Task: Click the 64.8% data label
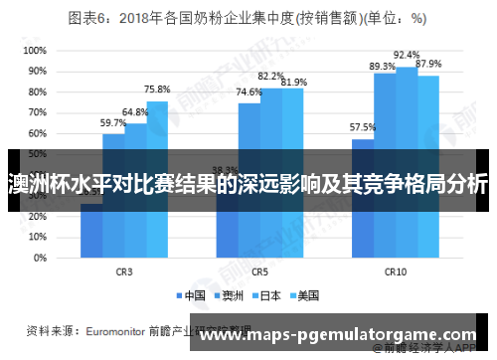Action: (135, 112)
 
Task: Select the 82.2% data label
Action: (270, 76)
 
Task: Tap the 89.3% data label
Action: (383, 66)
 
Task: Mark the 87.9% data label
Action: (428, 64)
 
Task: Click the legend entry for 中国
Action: (197, 294)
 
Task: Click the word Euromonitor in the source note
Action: (109, 329)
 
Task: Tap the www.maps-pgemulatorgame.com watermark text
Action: (338, 334)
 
